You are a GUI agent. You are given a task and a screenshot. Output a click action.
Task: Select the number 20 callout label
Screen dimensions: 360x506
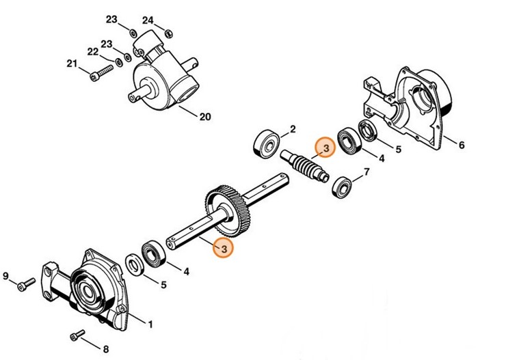tap(204, 117)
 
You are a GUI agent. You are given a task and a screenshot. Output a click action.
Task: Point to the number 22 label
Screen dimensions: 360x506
tap(93, 51)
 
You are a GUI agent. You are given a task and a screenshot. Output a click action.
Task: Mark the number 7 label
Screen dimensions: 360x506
tap(367, 172)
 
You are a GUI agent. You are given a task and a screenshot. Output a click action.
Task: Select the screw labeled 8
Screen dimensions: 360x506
tap(78, 335)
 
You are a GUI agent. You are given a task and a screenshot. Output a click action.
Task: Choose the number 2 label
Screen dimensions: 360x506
tap(293, 128)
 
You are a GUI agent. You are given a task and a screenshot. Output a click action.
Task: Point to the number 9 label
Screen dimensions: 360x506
tap(6, 276)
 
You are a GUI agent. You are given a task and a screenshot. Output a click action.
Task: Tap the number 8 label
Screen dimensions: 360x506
tap(105, 349)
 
